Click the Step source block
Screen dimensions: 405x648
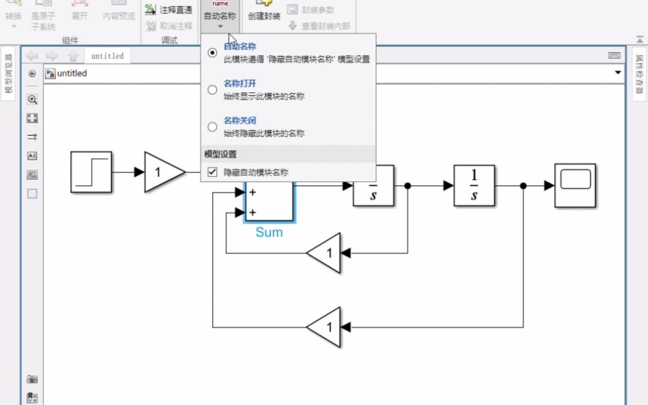pos(91,172)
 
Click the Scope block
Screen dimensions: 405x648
pos(575,185)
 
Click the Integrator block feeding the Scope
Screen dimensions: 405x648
pos(474,185)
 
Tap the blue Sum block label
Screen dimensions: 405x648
pos(269,232)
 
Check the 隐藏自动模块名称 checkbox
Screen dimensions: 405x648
pos(212,172)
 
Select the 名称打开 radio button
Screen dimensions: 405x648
pos(212,90)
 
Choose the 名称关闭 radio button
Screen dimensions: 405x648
pos(212,127)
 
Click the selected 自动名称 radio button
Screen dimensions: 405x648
pos(212,53)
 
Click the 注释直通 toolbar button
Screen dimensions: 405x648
pos(170,10)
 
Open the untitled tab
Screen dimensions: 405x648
pos(108,56)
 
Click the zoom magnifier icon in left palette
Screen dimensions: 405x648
pos(32,100)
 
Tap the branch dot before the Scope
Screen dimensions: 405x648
pos(523,186)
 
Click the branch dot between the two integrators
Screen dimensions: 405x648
pos(408,186)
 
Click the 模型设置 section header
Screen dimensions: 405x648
pos(220,154)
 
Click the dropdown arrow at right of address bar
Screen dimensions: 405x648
pos(618,73)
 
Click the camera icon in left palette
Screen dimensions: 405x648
pos(32,379)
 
